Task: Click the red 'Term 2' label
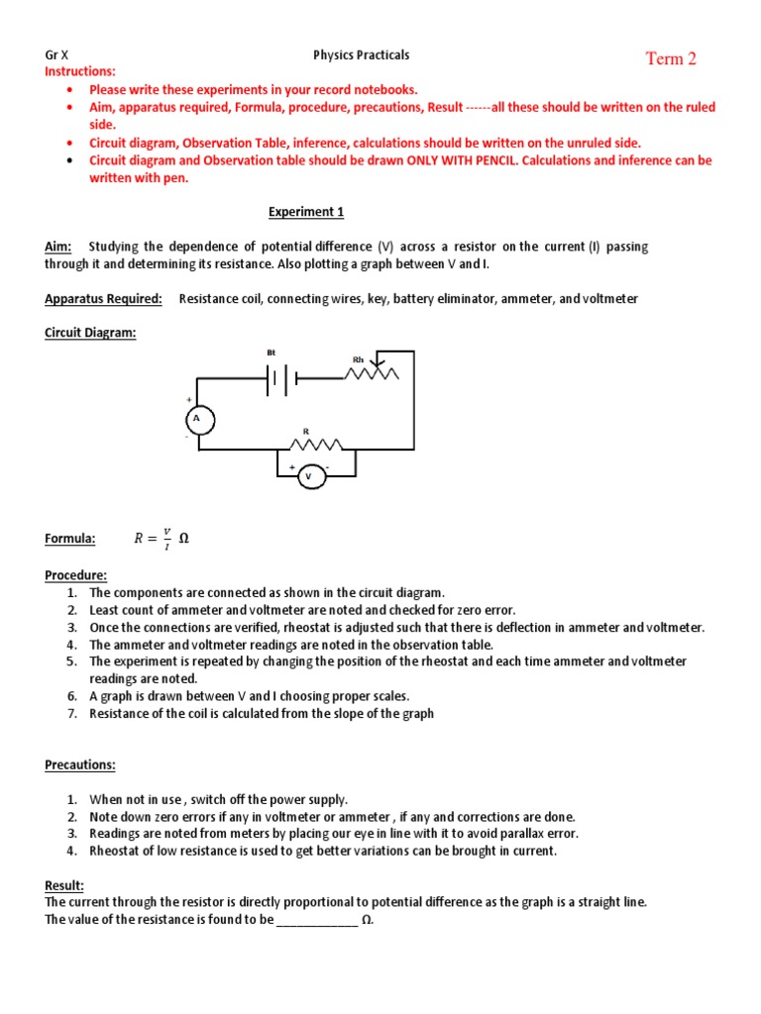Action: (671, 59)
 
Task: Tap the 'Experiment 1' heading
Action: (306, 212)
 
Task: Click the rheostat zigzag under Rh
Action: (372, 373)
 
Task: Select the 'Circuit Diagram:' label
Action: (90, 333)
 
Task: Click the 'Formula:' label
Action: (70, 539)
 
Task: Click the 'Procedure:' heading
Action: (75, 574)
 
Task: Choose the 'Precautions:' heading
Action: (79, 764)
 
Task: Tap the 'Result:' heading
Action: (64, 884)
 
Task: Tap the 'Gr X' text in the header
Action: (57, 55)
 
